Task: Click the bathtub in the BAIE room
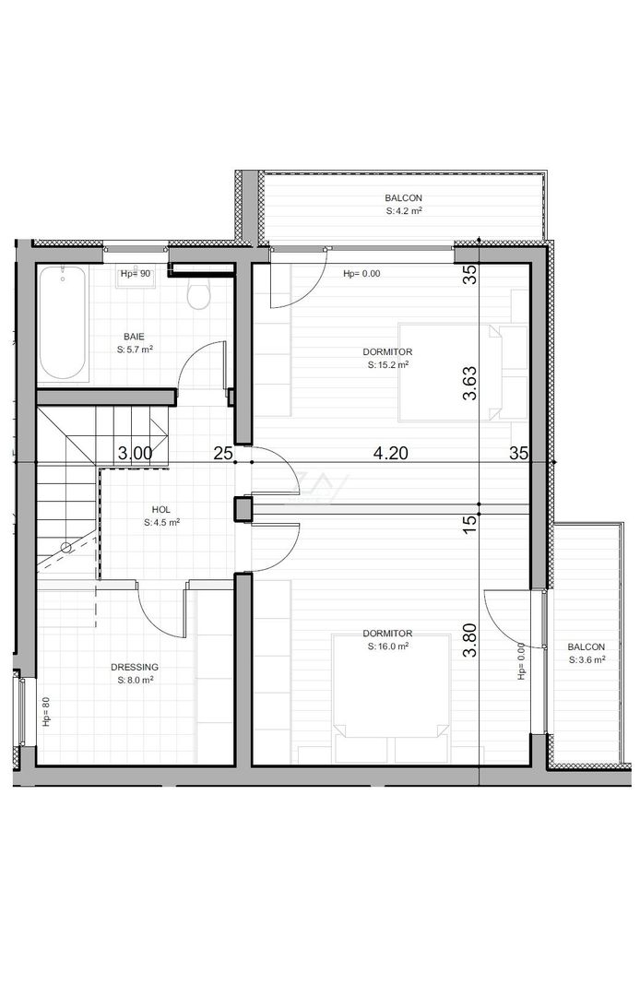pyautogui.click(x=64, y=323)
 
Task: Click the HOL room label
pyautogui.click(x=161, y=509)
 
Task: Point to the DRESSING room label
pyautogui.click(x=135, y=667)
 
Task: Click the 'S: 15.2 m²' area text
pyautogui.click(x=387, y=365)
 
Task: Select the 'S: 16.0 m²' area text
pyautogui.click(x=387, y=646)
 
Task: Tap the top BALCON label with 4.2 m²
pyautogui.click(x=403, y=198)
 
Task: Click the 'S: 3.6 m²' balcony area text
pyautogui.click(x=586, y=659)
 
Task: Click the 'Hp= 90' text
pyautogui.click(x=135, y=274)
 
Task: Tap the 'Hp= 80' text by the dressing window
pyautogui.click(x=45, y=711)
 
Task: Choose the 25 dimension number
pyautogui.click(x=222, y=453)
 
